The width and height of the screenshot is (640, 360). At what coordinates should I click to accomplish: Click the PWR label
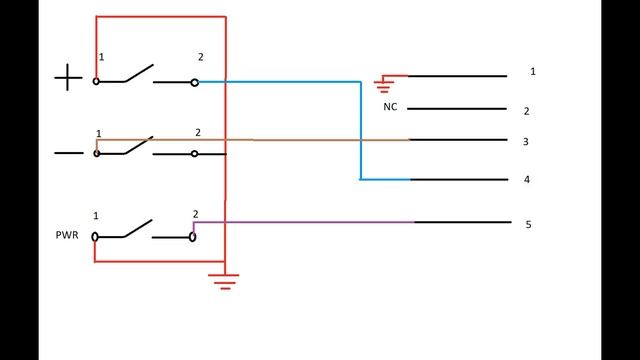click(x=67, y=235)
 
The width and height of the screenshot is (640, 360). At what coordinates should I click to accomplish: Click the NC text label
click(x=390, y=107)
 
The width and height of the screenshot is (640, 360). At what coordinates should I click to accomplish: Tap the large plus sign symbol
click(x=68, y=77)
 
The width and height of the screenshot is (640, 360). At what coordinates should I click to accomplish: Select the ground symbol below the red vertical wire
click(x=224, y=282)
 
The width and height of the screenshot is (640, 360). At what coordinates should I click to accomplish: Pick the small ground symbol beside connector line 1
click(x=384, y=85)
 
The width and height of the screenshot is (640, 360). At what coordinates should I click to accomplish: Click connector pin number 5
click(x=528, y=224)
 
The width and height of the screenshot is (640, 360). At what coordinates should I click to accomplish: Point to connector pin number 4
click(x=527, y=180)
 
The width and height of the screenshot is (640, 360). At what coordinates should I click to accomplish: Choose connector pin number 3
click(x=526, y=142)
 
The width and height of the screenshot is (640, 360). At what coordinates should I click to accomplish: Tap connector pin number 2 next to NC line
click(x=527, y=111)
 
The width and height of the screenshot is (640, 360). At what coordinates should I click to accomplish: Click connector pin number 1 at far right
click(x=533, y=71)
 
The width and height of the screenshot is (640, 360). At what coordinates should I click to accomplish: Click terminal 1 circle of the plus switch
click(x=96, y=81)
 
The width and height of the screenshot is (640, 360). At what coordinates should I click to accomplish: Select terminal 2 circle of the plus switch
click(x=195, y=83)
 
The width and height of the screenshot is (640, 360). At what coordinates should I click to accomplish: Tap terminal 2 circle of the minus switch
click(x=195, y=154)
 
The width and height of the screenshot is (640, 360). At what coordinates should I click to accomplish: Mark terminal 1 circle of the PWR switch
click(x=95, y=237)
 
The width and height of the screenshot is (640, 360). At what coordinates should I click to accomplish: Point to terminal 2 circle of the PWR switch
click(x=193, y=237)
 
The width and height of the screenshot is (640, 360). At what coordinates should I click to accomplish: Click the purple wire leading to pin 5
click(x=303, y=222)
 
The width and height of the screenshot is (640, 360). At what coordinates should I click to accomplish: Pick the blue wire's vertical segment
click(x=361, y=131)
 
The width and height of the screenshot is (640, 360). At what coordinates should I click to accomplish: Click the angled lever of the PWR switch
click(x=138, y=228)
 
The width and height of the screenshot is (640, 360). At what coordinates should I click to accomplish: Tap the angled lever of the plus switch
click(x=139, y=73)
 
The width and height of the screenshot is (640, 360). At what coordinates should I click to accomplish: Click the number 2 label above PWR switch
click(x=196, y=214)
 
